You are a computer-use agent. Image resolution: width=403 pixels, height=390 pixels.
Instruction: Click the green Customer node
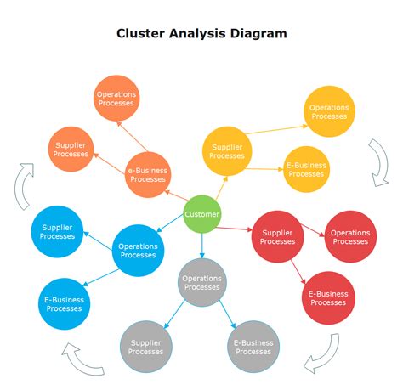click(202, 214)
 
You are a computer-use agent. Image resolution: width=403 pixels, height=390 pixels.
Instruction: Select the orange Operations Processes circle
click(116, 99)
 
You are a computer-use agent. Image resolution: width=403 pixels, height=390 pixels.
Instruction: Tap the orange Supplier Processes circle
click(71, 150)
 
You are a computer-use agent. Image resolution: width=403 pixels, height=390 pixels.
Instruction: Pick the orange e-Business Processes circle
click(148, 174)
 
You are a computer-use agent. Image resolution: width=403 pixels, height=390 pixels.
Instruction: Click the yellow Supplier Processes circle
click(227, 151)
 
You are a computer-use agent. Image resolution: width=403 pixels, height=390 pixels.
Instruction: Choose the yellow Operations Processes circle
click(329, 112)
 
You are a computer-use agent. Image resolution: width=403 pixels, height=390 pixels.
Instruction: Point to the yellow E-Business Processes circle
click(305, 169)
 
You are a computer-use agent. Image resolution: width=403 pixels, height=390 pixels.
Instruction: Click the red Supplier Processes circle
click(278, 237)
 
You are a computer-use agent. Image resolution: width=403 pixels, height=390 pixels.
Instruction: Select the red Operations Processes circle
click(350, 237)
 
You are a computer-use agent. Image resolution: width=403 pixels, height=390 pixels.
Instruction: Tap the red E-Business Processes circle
click(328, 297)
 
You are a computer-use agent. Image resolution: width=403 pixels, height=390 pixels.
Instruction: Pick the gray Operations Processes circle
click(202, 282)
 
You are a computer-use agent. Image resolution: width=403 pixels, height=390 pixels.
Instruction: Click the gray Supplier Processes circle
click(145, 346)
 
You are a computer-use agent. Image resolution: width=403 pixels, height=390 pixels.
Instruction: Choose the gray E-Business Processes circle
click(253, 346)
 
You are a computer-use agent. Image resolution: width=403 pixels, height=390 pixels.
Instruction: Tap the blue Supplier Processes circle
click(58, 230)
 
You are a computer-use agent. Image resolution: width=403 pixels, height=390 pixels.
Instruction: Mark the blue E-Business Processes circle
click(64, 303)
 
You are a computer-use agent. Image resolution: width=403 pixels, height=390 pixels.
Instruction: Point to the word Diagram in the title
click(256, 34)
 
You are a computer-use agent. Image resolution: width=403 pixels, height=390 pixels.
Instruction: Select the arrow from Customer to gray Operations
click(202, 245)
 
